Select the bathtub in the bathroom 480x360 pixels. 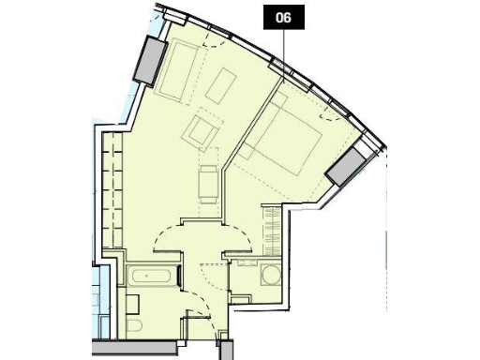coord(152,277)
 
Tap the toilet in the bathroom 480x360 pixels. coord(135,327)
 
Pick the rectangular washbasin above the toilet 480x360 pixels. coord(133,302)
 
